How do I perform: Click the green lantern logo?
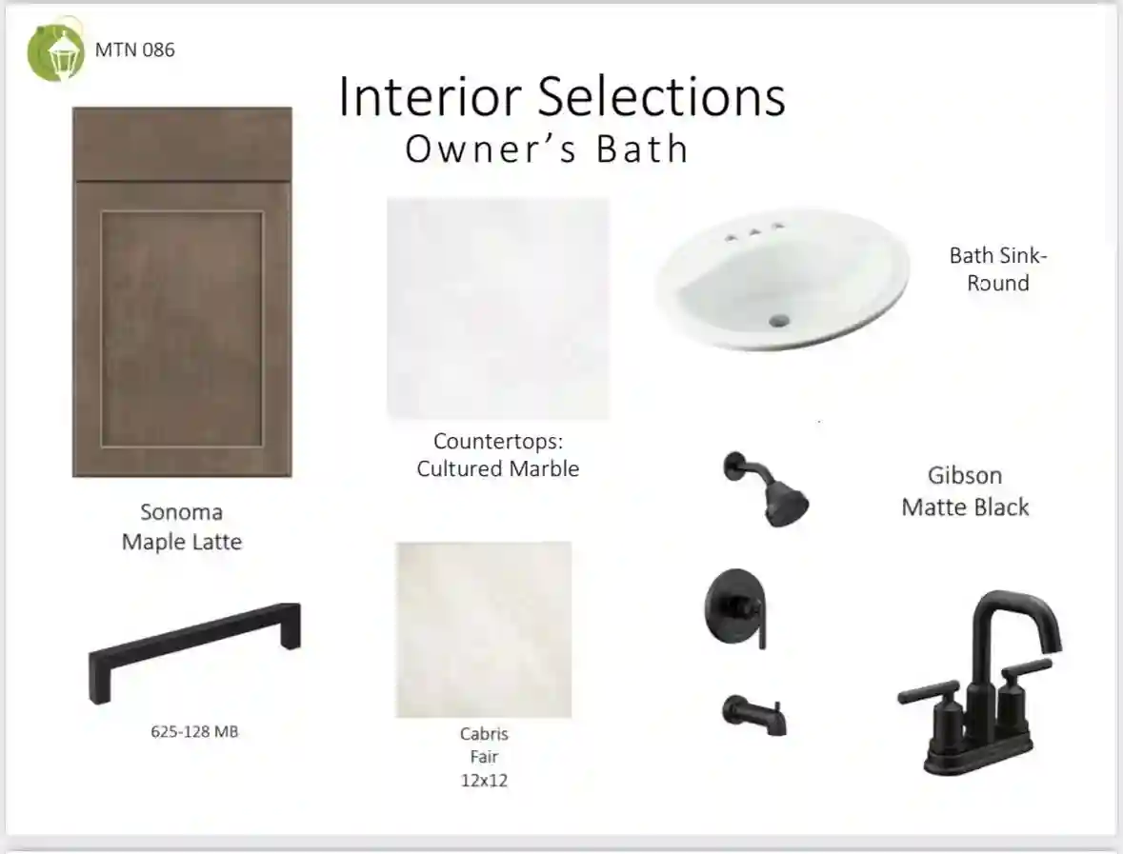pos(56,51)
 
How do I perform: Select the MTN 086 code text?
pos(134,50)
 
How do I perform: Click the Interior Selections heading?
pos(562,96)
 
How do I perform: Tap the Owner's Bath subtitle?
pos(547,149)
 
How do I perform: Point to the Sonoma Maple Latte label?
pos(182,526)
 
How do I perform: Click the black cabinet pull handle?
pos(194,652)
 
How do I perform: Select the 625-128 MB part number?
pos(194,731)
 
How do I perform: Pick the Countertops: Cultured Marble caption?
pos(498,454)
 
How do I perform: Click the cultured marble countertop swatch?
pos(498,308)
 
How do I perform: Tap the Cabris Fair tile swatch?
pos(484,630)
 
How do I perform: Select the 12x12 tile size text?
pos(484,781)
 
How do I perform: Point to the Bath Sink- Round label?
pos(997,269)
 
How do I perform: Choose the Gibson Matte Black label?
pos(965,491)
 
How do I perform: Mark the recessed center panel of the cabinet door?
pos(182,328)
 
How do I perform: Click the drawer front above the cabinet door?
pos(182,144)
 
